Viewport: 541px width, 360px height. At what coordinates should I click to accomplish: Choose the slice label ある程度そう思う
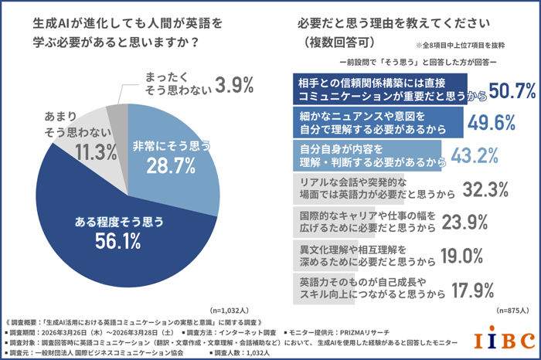(118, 222)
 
